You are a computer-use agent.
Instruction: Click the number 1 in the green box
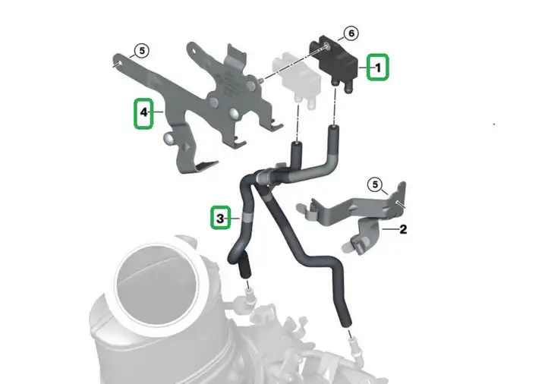(x=378, y=67)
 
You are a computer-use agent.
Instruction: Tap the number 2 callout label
(x=403, y=229)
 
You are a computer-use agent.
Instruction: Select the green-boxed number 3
(x=220, y=219)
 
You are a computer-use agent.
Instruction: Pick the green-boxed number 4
(x=143, y=112)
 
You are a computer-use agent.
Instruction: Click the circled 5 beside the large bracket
(x=142, y=51)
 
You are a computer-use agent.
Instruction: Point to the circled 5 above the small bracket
(x=375, y=184)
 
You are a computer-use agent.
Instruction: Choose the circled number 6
(x=351, y=33)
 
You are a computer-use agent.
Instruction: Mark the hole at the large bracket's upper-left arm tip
(x=116, y=64)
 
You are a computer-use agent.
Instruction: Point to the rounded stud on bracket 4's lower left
(x=168, y=138)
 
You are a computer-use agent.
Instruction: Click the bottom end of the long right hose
(x=347, y=325)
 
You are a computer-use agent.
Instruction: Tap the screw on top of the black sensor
(x=327, y=45)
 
